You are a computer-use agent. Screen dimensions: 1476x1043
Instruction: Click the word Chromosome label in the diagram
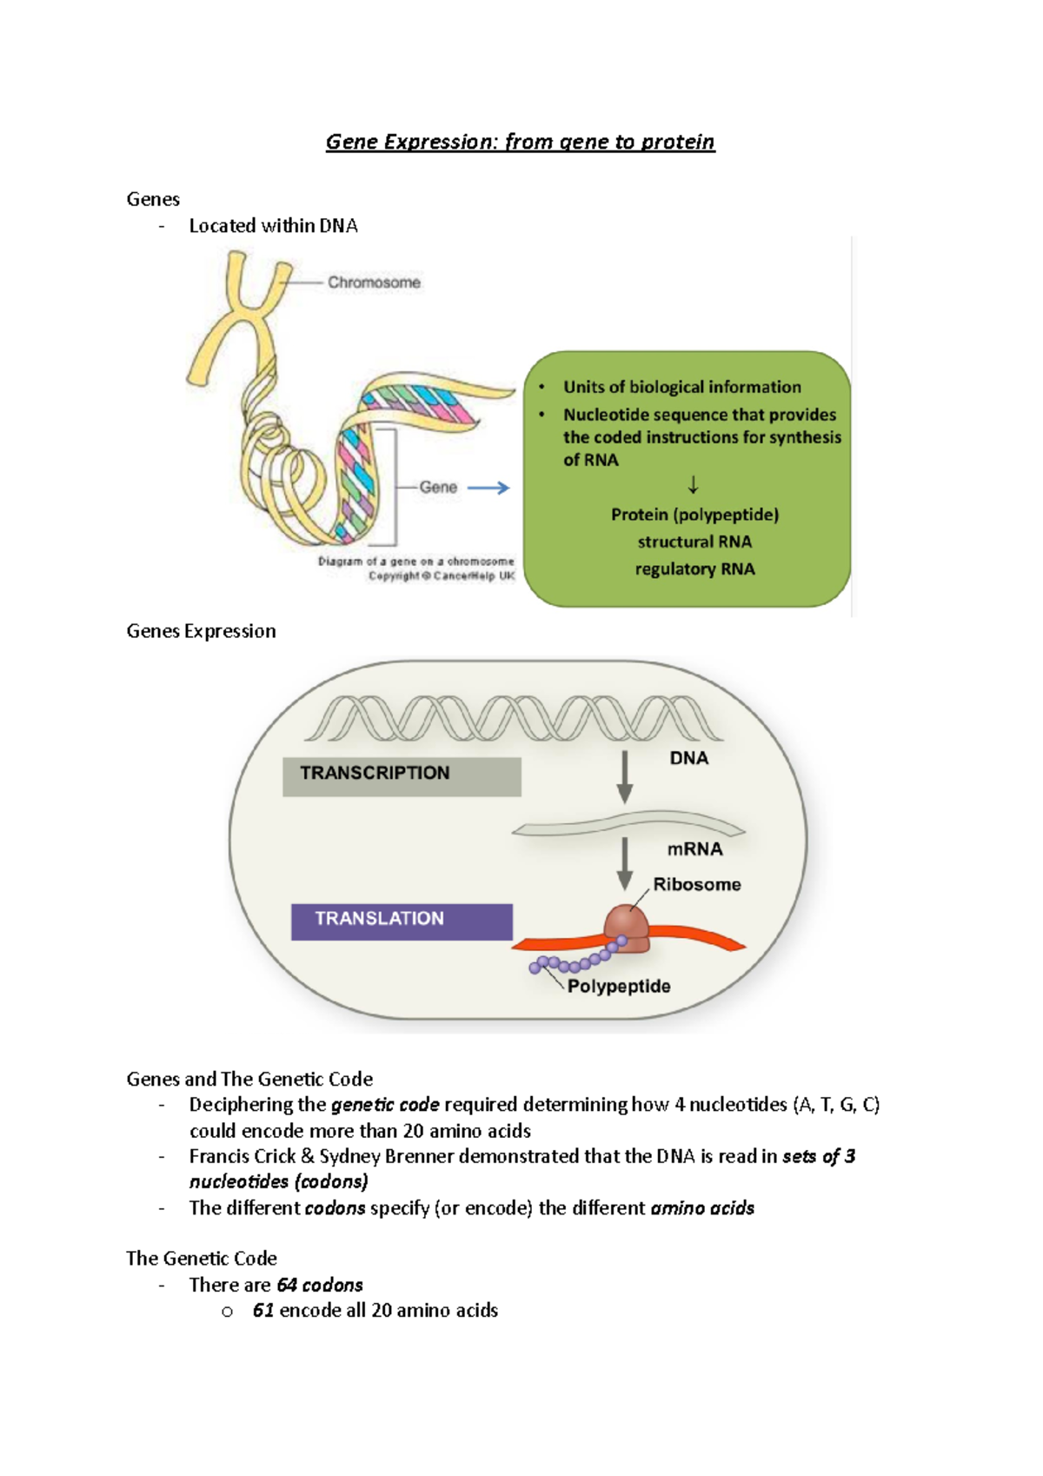point(374,283)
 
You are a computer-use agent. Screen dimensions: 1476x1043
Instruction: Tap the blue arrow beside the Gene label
point(488,489)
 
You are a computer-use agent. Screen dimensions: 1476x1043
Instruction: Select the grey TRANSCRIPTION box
point(402,775)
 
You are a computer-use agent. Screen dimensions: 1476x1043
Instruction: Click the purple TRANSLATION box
point(402,921)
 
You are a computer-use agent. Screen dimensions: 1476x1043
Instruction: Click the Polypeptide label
point(619,986)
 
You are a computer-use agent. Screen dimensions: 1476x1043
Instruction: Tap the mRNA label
point(694,848)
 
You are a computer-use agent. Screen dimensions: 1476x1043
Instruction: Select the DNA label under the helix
point(688,758)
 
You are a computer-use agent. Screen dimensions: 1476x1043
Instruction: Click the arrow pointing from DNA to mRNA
point(624,776)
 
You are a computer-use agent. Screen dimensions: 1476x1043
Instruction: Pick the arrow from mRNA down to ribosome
point(624,863)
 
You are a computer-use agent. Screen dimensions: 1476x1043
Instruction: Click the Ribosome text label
point(697,884)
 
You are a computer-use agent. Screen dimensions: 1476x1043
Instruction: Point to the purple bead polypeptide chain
point(575,961)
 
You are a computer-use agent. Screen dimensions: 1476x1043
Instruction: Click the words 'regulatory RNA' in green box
point(694,568)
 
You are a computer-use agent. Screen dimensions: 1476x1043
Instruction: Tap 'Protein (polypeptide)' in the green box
point(694,515)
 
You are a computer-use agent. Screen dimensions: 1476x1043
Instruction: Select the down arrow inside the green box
point(693,485)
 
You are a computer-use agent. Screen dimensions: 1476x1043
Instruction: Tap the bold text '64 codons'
point(320,1285)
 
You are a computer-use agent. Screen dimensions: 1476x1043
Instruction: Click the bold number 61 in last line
point(263,1310)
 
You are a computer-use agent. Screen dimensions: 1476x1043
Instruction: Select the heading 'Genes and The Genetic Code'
point(249,1079)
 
